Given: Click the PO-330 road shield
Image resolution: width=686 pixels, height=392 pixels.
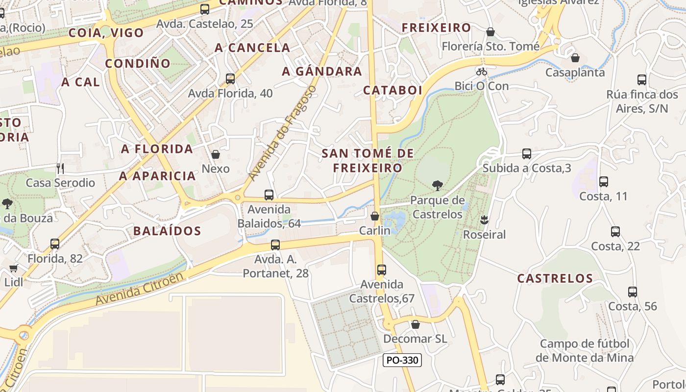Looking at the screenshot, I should [x=402, y=360].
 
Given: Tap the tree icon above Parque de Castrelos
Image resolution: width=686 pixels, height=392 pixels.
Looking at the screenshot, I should [x=438, y=185].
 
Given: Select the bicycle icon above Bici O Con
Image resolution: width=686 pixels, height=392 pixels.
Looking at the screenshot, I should [x=482, y=72].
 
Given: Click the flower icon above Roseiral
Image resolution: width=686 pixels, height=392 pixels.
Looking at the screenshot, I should [x=485, y=220].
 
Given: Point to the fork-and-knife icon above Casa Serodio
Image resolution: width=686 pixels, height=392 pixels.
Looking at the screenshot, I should [x=60, y=169].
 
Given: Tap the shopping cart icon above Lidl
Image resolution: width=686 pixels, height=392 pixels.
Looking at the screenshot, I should [x=13, y=268].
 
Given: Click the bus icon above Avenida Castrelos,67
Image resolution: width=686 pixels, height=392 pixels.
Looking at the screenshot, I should [x=382, y=270].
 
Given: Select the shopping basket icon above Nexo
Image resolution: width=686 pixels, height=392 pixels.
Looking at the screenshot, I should [x=216, y=154].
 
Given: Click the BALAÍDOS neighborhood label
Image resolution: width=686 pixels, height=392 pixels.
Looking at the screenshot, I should [x=167, y=231].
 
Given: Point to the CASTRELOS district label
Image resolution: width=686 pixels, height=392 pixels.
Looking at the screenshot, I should [x=555, y=278].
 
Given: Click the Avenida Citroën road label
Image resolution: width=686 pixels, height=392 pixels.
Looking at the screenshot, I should [x=139, y=289].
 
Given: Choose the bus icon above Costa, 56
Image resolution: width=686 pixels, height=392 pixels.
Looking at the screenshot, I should [x=633, y=292].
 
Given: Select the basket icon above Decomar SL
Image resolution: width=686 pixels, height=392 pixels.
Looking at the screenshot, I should [x=416, y=324].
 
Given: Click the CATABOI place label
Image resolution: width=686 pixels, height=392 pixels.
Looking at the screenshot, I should [x=392, y=90].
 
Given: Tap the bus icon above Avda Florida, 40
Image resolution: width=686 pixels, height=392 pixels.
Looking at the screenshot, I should [x=230, y=78].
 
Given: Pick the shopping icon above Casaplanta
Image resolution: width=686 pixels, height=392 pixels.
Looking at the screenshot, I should [x=575, y=58].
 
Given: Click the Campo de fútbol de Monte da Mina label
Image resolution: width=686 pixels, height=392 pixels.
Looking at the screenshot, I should [x=584, y=350].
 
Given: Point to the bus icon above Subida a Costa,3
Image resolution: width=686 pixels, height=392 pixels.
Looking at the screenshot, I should [x=527, y=154].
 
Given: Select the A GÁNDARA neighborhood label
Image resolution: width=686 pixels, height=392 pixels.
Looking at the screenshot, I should [x=322, y=72].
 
